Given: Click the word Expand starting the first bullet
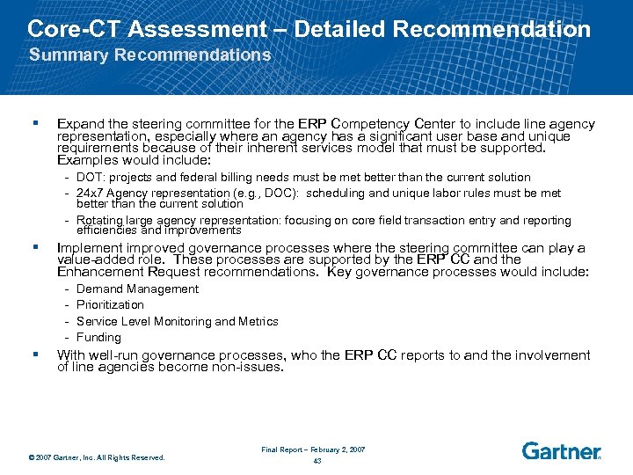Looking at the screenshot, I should tap(80, 124).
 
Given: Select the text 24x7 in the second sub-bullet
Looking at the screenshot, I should tap(91, 193).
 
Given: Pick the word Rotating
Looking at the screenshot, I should tap(101, 221).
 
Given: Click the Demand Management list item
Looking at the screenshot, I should tap(137, 289).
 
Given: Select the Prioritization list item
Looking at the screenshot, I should tap(110, 305).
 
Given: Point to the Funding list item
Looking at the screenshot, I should tap(98, 337).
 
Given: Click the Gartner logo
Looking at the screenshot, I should tap(561, 450).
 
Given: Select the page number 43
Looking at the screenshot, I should tap(316, 461).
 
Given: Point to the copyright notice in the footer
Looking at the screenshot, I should tap(97, 457).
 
